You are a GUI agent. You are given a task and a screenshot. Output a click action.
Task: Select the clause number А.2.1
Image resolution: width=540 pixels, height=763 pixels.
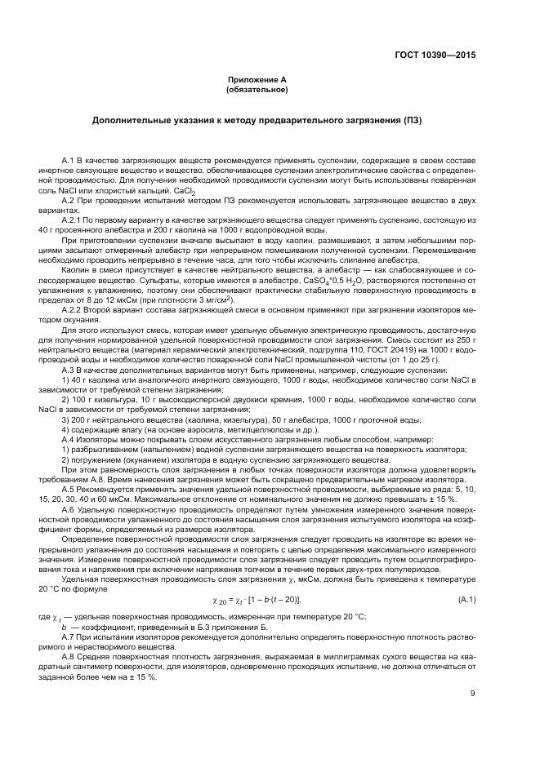coord(72,220)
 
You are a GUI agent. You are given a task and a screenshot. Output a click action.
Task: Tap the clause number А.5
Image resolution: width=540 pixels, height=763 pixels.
coord(69,499)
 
